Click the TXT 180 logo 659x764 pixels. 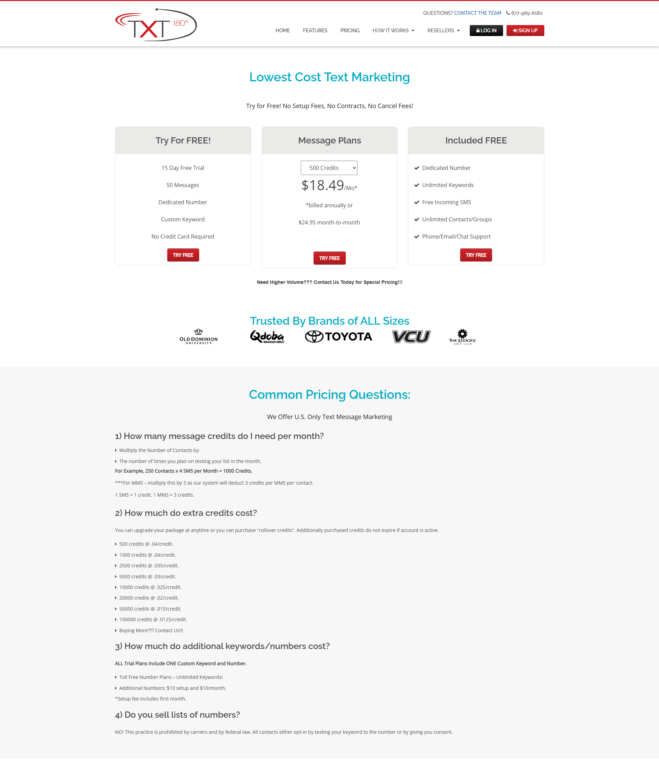(156, 25)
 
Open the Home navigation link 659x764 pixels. (282, 31)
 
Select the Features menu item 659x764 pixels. (315, 31)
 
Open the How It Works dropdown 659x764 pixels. (393, 31)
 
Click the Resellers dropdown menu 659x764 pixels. (443, 31)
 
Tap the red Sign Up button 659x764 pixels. (525, 31)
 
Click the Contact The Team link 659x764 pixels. (477, 13)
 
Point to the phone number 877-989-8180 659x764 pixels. (526, 13)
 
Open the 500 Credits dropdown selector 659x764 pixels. (329, 168)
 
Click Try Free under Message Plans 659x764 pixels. (329, 258)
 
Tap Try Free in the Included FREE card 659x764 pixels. (476, 255)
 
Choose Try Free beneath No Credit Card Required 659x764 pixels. (183, 255)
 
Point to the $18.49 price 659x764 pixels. (322, 185)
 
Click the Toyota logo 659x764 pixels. (338, 337)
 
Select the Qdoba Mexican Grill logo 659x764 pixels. (267, 337)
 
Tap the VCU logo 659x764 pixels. (411, 337)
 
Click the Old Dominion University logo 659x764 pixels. (198, 337)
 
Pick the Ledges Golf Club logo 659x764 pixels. (462, 337)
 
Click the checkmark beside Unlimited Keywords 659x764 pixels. (417, 185)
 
